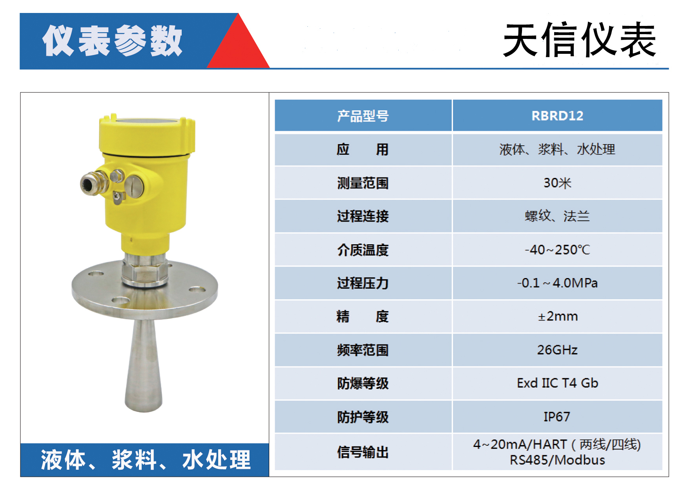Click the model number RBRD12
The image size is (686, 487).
click(x=557, y=116)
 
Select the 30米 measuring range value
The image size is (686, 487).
click(x=557, y=183)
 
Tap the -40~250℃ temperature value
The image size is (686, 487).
click(x=557, y=250)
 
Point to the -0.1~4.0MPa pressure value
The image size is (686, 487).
click(x=557, y=283)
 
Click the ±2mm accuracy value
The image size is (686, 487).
click(x=558, y=316)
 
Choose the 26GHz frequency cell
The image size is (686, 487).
click(x=557, y=350)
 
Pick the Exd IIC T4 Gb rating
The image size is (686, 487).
click(x=557, y=383)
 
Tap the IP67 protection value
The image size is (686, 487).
click(x=557, y=417)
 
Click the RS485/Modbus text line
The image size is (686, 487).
click(x=557, y=460)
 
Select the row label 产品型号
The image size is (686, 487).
click(x=363, y=116)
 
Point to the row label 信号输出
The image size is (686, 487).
click(x=363, y=452)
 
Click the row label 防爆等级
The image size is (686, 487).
click(x=363, y=383)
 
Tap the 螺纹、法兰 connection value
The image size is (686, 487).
click(x=557, y=216)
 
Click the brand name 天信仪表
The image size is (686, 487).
click(x=580, y=40)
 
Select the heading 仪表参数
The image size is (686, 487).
click(x=113, y=40)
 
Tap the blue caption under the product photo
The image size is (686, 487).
click(x=145, y=460)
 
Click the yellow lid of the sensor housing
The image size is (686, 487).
click(x=147, y=134)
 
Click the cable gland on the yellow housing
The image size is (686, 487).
click(x=93, y=183)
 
